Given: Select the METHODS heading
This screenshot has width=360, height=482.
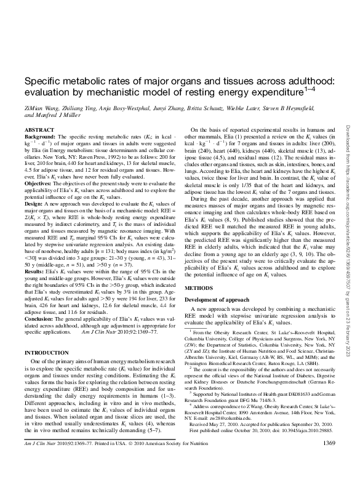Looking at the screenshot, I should coord(199,287).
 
